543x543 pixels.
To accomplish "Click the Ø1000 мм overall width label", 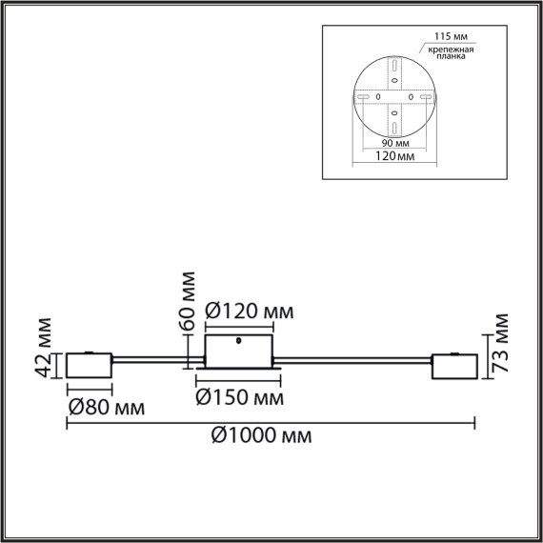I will (x=260, y=435).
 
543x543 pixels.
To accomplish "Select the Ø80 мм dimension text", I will (x=107, y=408).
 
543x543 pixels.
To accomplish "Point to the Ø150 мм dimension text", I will (x=238, y=396).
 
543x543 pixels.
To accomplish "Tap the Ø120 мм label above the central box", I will (x=249, y=311).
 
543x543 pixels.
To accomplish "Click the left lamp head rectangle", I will (x=89, y=365).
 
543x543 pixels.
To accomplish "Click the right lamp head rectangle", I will (x=454, y=366).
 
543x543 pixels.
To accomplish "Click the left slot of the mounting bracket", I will (x=363, y=97).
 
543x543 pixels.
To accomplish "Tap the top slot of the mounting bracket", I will (x=392, y=68).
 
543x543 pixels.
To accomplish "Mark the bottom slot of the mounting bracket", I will (x=392, y=127).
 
